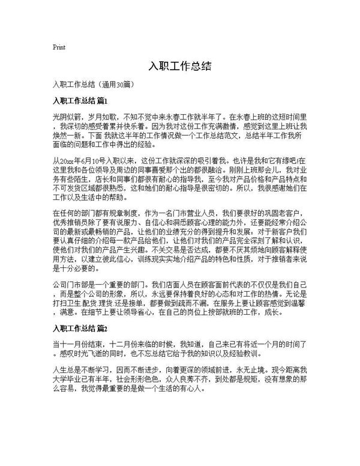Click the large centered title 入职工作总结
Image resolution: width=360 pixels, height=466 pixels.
[179, 66]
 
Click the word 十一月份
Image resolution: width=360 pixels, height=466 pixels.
[80, 345]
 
